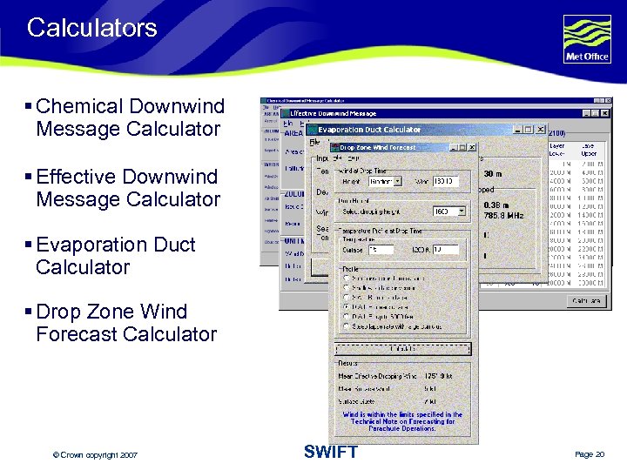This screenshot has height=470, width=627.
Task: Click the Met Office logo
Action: point(586,39)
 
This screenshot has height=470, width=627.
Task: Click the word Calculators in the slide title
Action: point(91,28)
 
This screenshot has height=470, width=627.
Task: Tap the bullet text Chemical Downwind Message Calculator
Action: point(130,117)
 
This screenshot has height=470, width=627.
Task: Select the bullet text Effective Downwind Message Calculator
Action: point(127,188)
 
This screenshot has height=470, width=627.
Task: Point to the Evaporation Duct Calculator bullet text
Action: point(115,256)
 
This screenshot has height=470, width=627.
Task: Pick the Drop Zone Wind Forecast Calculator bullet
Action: point(125,323)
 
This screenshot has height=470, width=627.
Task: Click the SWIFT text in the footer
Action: point(330,452)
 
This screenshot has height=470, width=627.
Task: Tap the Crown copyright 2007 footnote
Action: point(95,455)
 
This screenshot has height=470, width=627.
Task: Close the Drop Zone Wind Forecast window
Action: point(472,147)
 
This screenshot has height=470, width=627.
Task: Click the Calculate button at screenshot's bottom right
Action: point(584,301)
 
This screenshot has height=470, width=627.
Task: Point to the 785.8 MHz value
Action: point(502,215)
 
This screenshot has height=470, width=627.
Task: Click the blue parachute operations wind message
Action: point(402,420)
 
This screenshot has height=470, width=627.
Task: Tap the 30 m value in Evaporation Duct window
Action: point(492,174)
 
